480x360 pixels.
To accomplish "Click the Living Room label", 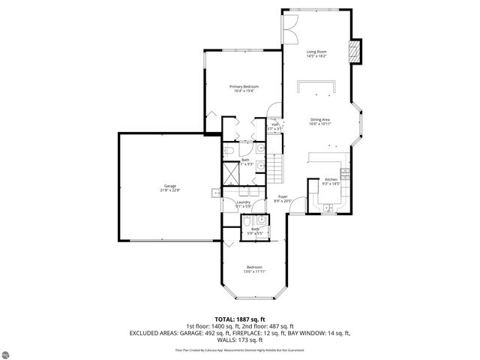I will [x=316, y=51].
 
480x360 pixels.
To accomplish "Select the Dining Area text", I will [x=321, y=119].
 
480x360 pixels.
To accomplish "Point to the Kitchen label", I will [x=331, y=179].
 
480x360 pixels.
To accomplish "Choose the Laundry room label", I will [x=243, y=202].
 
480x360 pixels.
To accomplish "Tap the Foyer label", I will [x=283, y=196].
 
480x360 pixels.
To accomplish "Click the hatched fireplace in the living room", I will [x=356, y=51].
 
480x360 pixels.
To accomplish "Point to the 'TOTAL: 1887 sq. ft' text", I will [x=240, y=318].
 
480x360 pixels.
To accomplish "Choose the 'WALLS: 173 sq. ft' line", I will [x=240, y=340].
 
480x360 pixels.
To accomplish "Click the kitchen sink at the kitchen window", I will [x=328, y=208].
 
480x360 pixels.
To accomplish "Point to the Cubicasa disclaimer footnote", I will [x=240, y=349].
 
